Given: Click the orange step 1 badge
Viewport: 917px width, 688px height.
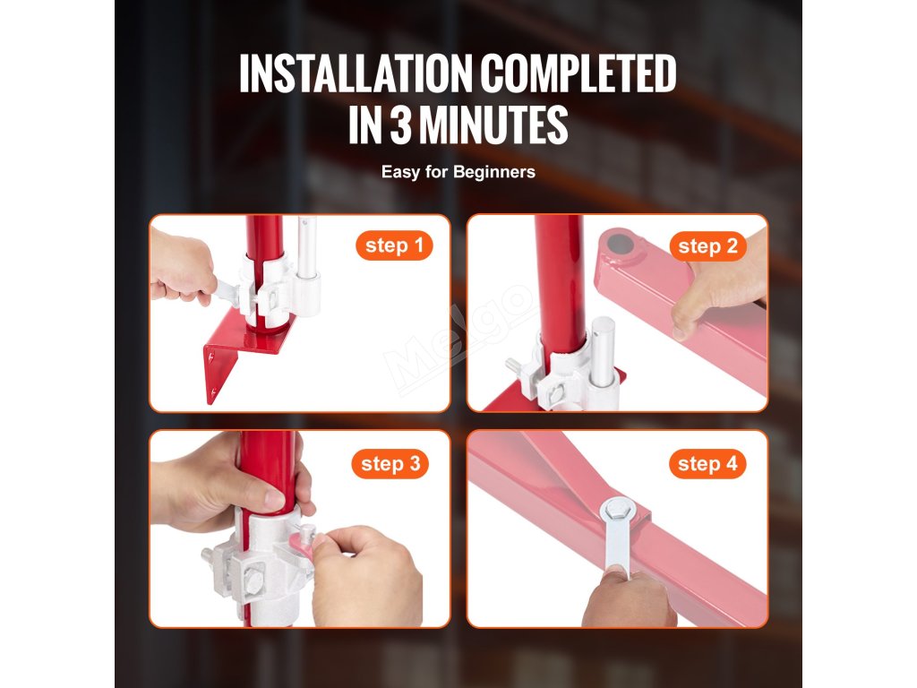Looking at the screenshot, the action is point(394,245).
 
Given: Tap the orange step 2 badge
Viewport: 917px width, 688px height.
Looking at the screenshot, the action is point(707,246).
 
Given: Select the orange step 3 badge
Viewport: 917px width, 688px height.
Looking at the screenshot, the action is point(390,464).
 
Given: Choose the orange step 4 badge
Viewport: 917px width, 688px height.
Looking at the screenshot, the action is point(707,464).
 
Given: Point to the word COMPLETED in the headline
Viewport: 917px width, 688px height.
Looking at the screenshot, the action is point(578,73).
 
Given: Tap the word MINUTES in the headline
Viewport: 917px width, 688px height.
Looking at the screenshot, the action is point(493,124).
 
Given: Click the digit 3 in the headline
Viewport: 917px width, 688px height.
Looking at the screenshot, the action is point(400,124).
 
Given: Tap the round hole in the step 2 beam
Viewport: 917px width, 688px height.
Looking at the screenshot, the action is point(616,242).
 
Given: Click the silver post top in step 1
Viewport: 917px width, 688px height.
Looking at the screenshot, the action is point(306,245).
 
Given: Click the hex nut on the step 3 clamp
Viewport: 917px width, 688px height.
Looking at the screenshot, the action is point(253,582).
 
